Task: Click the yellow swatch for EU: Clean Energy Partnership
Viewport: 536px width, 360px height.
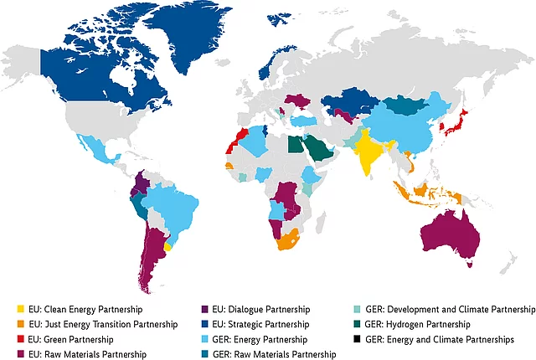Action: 21,309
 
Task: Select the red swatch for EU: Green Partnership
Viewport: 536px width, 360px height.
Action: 21,339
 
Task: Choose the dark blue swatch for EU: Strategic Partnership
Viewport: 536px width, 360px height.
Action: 207,324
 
